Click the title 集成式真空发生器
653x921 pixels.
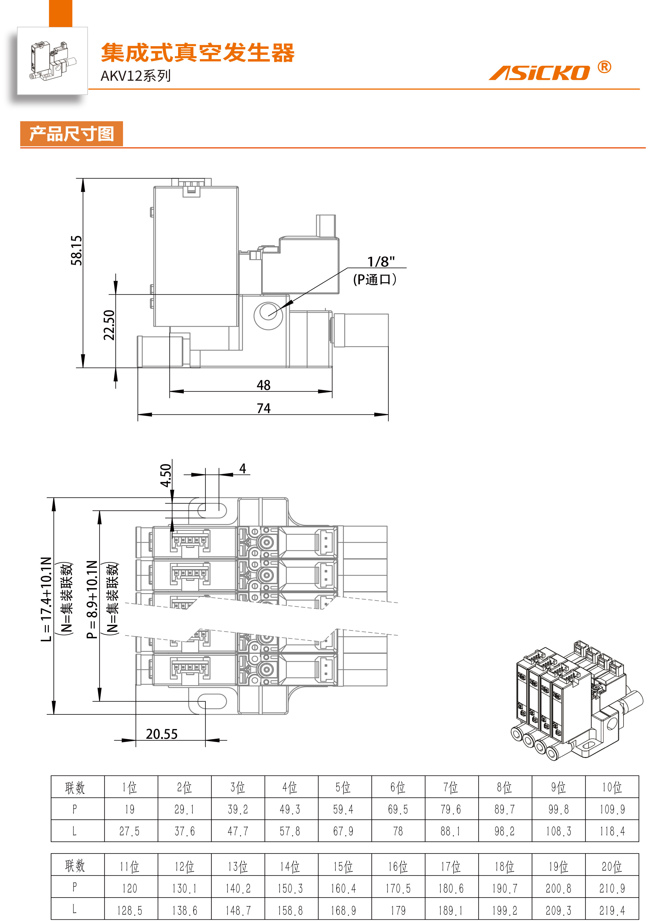(198, 53)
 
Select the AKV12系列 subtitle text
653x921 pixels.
(135, 76)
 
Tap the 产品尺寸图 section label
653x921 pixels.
(72, 134)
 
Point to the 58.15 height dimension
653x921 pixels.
(76, 250)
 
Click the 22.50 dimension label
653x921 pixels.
(109, 325)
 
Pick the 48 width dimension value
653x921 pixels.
(264, 385)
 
